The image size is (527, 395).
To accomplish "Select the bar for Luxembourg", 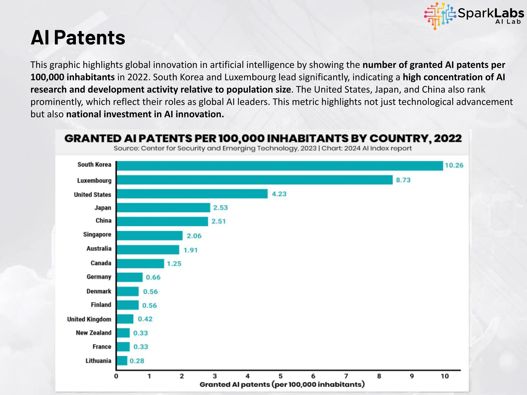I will [x=254, y=180].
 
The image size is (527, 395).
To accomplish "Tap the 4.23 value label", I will [x=279, y=194].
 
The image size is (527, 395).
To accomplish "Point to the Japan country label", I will [x=103, y=208].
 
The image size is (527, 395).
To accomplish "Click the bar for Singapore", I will [x=150, y=236].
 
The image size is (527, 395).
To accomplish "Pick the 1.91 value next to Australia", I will [x=190, y=250].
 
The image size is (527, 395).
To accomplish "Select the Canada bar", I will [x=140, y=264].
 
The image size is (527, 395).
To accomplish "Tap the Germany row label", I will [x=99, y=277].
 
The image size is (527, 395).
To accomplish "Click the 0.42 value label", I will [x=145, y=319].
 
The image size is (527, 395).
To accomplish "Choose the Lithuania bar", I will [x=122, y=361].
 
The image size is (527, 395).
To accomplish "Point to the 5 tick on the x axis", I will [x=280, y=376].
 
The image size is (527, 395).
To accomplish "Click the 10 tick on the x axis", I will [x=445, y=376].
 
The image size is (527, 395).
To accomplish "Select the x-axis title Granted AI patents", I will [x=282, y=384].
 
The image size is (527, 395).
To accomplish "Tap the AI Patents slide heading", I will [x=78, y=38].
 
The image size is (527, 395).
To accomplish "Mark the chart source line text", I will [x=262, y=148].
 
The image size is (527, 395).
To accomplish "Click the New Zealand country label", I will [x=94, y=333].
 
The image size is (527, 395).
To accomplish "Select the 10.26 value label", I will [x=454, y=165].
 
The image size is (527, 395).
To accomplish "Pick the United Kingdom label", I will [x=89, y=319].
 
